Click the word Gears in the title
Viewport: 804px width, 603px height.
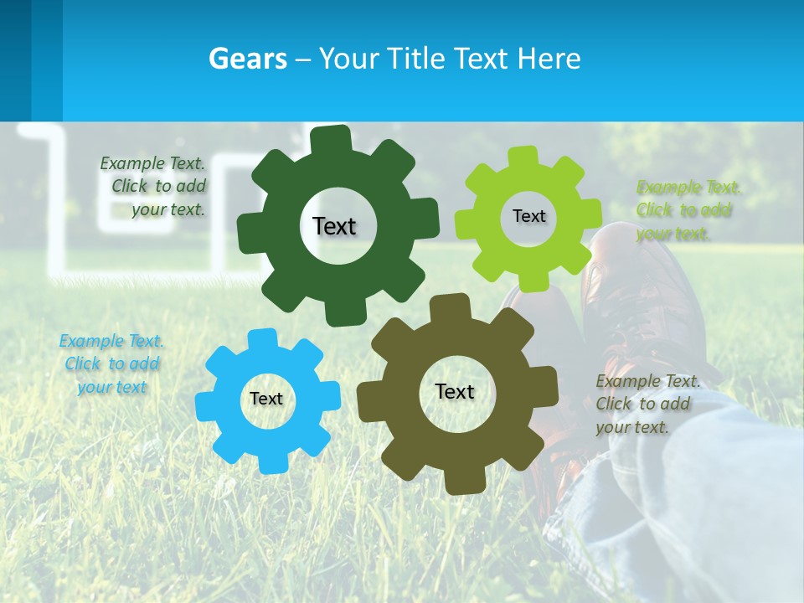247,59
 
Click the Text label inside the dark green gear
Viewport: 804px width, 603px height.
334,226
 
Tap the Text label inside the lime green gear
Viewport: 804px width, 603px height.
528,216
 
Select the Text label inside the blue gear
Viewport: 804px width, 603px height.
266,399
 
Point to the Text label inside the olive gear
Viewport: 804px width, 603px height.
455,391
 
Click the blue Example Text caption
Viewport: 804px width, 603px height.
111,363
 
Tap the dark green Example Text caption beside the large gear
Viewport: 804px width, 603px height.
153,186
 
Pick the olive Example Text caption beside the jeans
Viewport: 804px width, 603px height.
647,404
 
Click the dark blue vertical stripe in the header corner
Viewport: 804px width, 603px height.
15,59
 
